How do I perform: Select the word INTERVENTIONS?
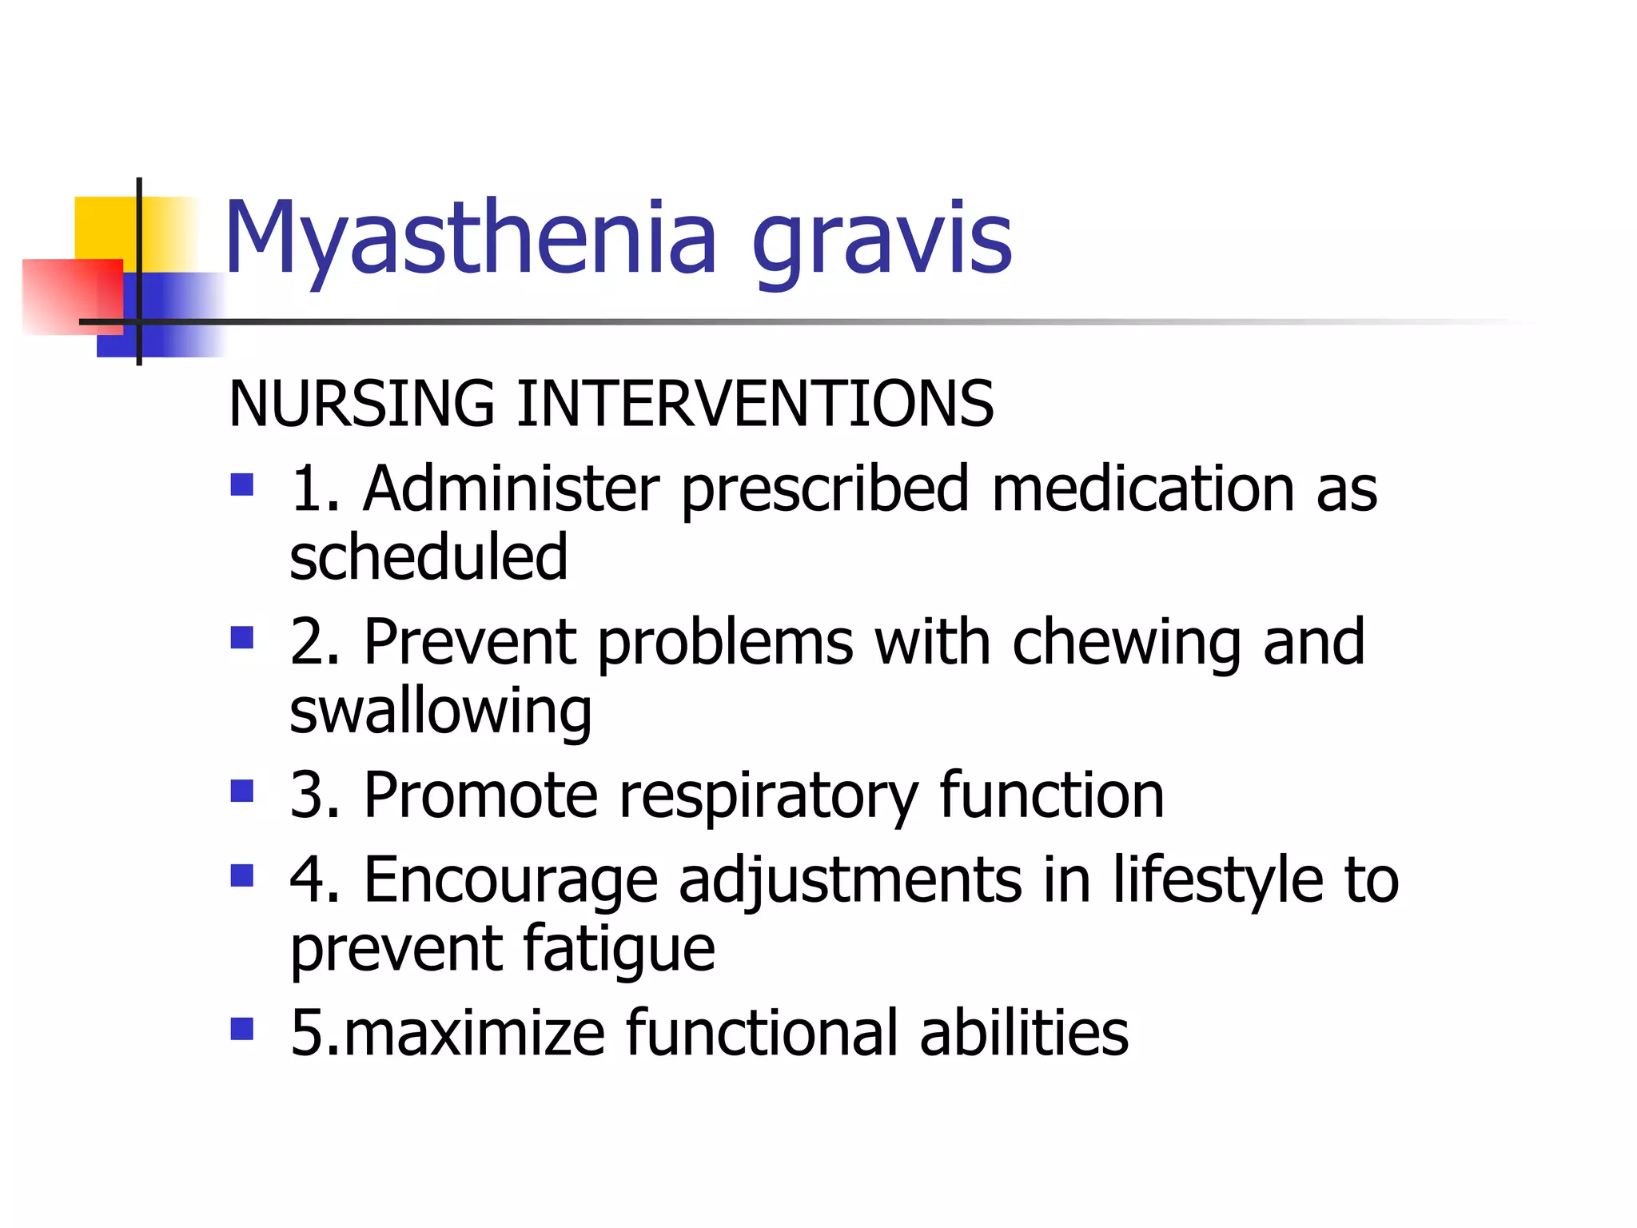755,404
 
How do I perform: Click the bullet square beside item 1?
241,484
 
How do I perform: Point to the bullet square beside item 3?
241,791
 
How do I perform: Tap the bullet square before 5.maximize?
241,1028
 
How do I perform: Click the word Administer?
512,488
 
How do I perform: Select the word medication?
1143,488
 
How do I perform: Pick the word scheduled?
428,557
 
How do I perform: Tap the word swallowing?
440,712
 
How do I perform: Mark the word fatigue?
619,950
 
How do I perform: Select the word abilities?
1024,1033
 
